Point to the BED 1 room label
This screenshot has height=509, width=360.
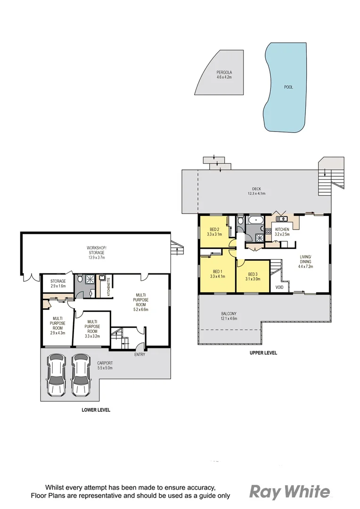click(217, 274)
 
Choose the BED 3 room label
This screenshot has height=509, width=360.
click(252, 276)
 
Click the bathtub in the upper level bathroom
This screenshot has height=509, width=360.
click(257, 220)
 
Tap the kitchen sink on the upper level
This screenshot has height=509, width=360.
click(283, 219)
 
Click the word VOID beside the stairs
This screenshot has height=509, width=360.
click(279, 286)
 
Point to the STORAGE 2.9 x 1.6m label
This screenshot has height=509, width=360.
click(58, 284)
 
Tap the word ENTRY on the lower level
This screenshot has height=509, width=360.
click(139, 354)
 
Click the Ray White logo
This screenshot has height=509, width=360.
click(289, 492)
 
